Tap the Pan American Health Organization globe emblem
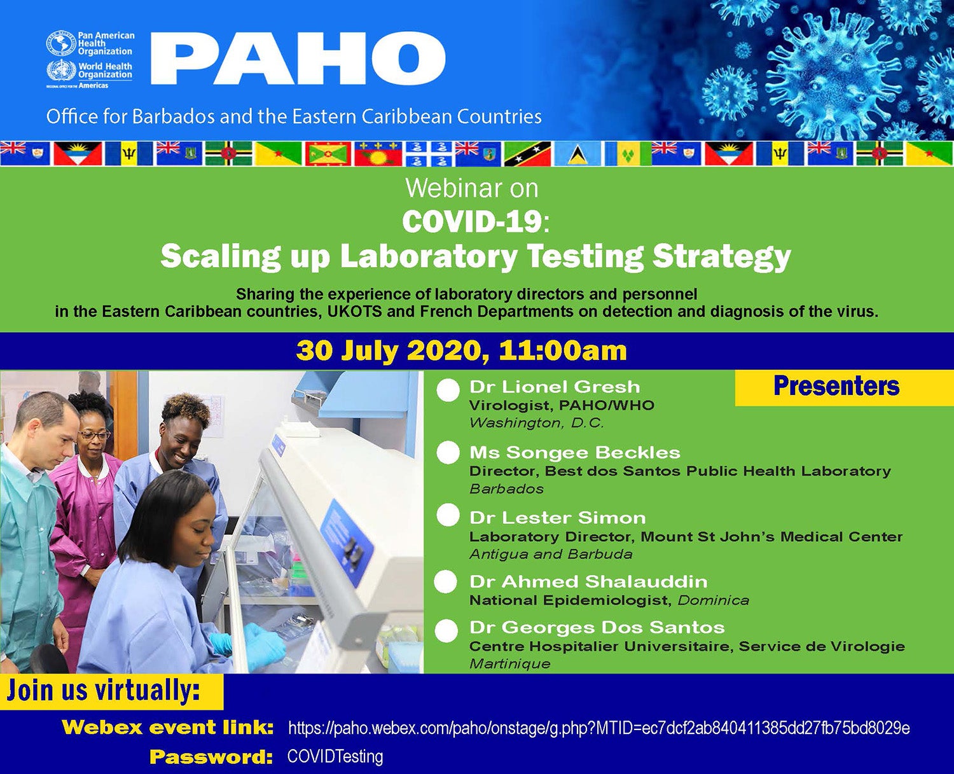(61, 43)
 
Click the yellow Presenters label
(836, 387)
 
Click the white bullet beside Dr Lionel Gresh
(448, 390)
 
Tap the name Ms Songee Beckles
(575, 452)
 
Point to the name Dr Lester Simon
(558, 518)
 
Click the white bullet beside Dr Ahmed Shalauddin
(446, 582)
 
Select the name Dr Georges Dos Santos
(597, 627)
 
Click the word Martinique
(509, 663)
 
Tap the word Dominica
(713, 600)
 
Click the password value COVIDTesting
(335, 757)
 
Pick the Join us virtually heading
(103, 690)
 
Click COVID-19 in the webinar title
(472, 221)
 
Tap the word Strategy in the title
(722, 258)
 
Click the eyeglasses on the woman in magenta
(94, 434)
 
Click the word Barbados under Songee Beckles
(506, 488)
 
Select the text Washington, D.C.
(537, 423)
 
